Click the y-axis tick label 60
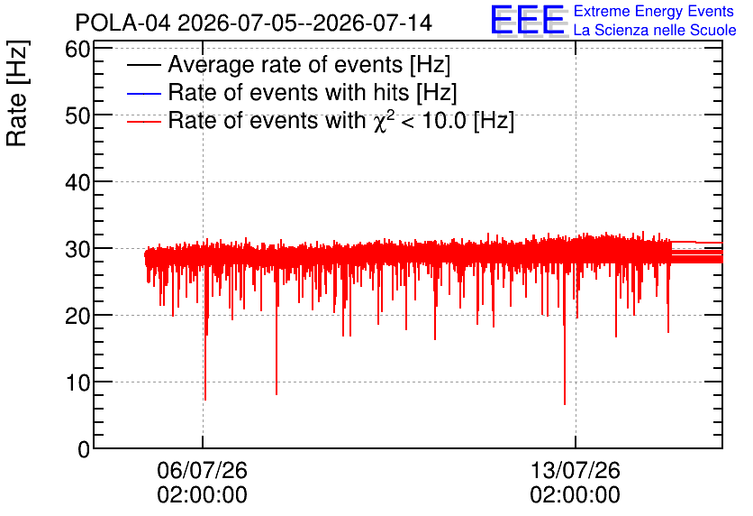coord(77,49)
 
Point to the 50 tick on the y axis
coord(77,115)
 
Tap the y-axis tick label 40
coord(77,182)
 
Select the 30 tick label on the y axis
coord(77,249)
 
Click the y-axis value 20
coord(77,316)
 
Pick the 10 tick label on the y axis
coord(77,382)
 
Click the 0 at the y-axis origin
coord(84,449)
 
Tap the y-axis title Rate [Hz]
coord(17,93)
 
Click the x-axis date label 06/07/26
coord(202,470)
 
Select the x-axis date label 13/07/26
coord(576,470)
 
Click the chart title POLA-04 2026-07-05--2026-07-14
coord(254,23)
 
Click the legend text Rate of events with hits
coord(288,92)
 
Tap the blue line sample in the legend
coord(143,93)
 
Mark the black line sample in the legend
coord(143,65)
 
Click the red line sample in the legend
coord(143,122)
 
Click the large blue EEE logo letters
coord(528,20)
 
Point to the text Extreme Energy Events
coord(654,11)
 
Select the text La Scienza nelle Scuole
coord(655,31)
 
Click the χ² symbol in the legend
coord(380,121)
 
